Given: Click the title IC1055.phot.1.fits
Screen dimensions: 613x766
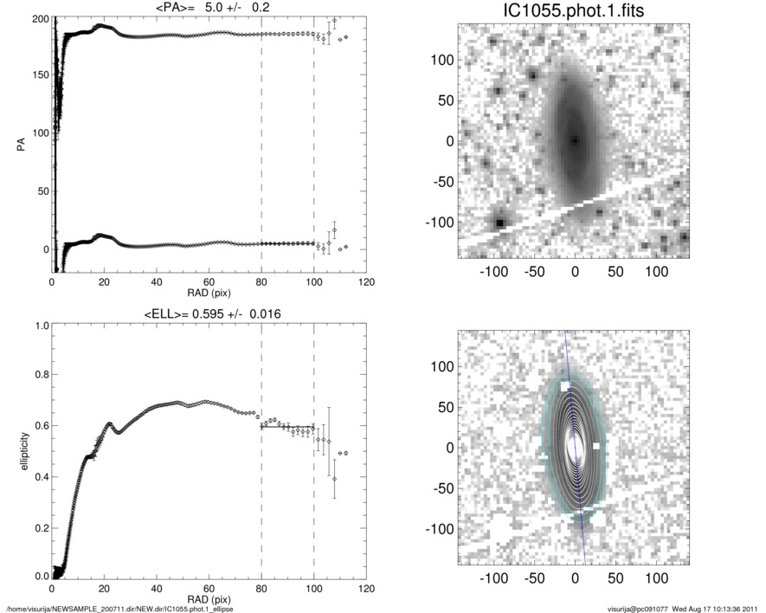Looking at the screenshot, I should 574,11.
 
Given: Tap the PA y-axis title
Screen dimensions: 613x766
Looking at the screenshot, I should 20,146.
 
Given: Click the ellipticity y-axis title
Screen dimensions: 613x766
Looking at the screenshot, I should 20,451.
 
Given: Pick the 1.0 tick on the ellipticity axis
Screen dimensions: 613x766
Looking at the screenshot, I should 39,326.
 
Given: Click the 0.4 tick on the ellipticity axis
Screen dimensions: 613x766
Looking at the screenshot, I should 39,475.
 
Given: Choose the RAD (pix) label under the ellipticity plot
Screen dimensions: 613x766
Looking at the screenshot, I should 209,599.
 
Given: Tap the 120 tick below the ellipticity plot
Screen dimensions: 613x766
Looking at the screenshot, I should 366,589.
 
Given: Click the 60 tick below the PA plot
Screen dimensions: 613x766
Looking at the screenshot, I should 209,282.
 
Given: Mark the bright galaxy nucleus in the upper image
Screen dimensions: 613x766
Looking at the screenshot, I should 574,139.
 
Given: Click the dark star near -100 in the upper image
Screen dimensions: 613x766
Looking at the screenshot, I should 499,223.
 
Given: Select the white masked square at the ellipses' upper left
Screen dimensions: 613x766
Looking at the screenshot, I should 564,386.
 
